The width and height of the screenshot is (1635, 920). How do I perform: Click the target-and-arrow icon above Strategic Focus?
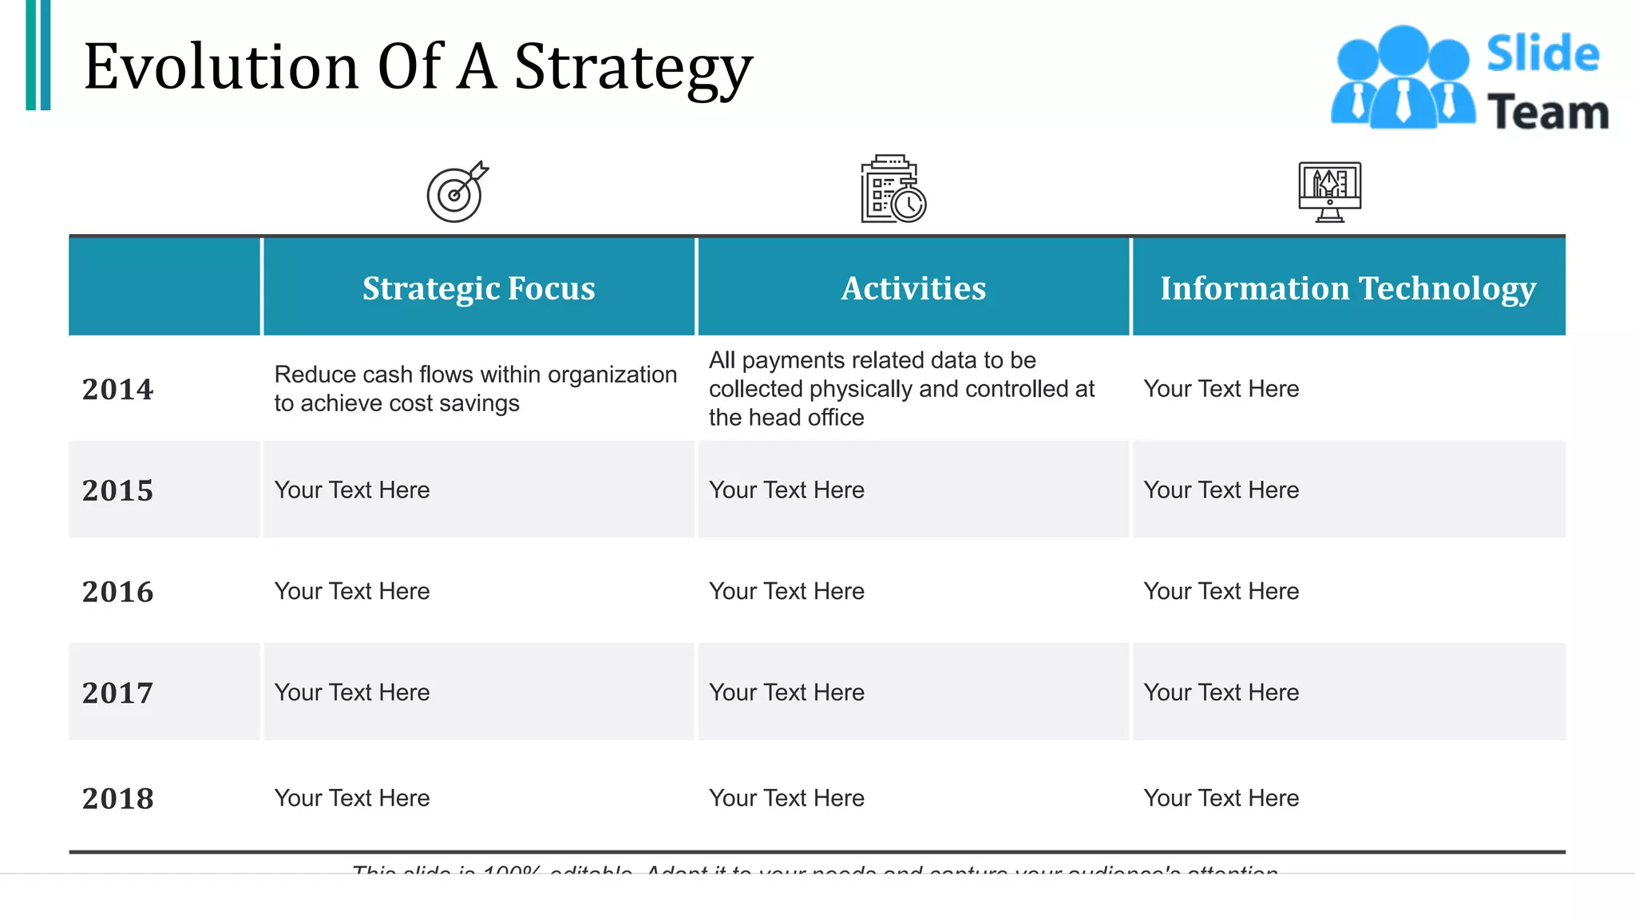point(457,192)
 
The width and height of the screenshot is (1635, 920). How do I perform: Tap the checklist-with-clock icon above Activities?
point(893,190)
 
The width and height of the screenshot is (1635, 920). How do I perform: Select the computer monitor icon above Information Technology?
point(1329,192)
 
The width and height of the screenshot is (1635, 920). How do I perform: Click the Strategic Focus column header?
point(478,288)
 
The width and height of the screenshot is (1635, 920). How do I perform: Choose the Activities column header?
point(913,288)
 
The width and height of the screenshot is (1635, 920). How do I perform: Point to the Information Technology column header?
point(1348,288)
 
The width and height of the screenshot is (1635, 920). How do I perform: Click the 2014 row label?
point(117,389)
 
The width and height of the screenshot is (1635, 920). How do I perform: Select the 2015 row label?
point(117,490)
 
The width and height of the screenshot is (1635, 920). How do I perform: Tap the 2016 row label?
point(117,592)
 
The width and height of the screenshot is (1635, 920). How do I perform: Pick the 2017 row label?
point(117,693)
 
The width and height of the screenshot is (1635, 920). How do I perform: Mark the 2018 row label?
point(117,799)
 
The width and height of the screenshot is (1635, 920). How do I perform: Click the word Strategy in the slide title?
point(633,68)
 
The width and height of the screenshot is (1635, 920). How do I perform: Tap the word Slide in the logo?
point(1542,54)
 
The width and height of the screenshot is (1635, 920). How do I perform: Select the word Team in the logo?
point(1547,112)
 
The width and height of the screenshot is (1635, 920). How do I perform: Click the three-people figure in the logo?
point(1403,77)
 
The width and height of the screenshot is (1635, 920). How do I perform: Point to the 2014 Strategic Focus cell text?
point(475,389)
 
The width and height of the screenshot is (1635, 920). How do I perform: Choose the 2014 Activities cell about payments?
point(901,389)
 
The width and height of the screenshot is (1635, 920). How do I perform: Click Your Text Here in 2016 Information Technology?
point(1221,591)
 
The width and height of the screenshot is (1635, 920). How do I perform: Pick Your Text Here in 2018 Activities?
point(786,798)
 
